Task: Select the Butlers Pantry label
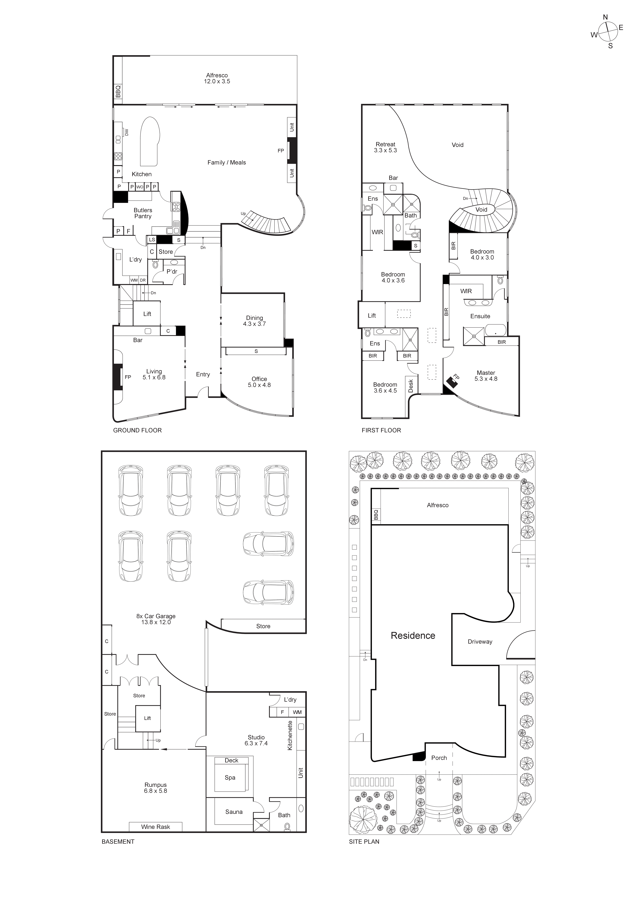(143, 213)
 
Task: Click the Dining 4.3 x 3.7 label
(254, 321)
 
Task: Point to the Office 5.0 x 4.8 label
(259, 382)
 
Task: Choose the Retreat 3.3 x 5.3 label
(385, 147)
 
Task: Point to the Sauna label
(234, 811)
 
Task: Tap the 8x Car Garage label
(156, 619)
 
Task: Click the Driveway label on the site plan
(480, 642)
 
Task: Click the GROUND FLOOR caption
(137, 430)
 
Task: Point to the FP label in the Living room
(128, 377)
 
